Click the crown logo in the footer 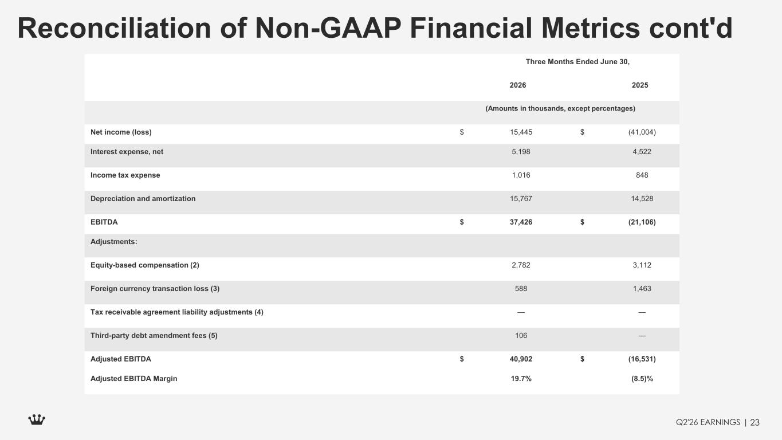[37, 419]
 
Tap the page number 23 [755, 423]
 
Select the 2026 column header [518, 85]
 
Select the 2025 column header [640, 85]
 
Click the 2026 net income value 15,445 [521, 132]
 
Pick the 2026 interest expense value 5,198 [521, 152]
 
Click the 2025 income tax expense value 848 [642, 175]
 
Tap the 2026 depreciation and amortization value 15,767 [521, 198]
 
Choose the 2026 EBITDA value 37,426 [521, 222]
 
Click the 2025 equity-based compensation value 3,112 [642, 265]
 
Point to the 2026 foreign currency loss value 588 [521, 288]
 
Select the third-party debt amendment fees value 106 [521, 336]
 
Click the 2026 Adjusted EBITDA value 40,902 [521, 359]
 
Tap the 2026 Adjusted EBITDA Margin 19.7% [521, 379]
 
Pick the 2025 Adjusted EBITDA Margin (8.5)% [642, 379]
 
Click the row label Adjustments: [114, 242]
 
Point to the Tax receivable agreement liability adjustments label [176, 312]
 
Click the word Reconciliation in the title [114, 28]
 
